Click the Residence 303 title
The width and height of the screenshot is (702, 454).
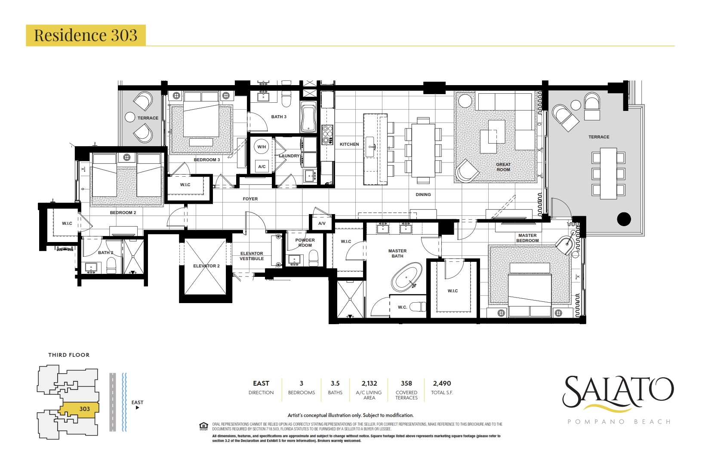click(86, 35)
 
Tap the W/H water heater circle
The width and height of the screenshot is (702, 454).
click(262, 147)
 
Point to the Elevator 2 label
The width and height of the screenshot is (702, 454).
click(206, 266)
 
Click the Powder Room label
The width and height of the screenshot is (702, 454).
click(305, 243)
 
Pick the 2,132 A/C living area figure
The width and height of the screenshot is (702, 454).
click(369, 383)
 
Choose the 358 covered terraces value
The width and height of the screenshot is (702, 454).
click(406, 383)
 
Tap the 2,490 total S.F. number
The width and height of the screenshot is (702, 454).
click(442, 383)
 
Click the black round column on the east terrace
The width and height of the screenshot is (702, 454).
click(624, 219)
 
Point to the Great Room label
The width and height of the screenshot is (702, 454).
click(503, 167)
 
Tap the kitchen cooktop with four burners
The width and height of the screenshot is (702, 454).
click(327, 135)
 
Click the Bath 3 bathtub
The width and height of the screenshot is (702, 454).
click(309, 118)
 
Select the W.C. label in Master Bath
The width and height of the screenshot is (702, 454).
click(402, 307)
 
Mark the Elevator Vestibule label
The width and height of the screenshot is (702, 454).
click(252, 256)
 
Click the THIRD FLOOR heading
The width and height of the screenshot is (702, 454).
click(69, 355)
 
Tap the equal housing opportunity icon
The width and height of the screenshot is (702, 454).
click(203, 426)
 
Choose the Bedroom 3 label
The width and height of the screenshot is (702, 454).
click(207, 160)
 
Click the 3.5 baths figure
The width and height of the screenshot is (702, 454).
click(335, 383)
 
